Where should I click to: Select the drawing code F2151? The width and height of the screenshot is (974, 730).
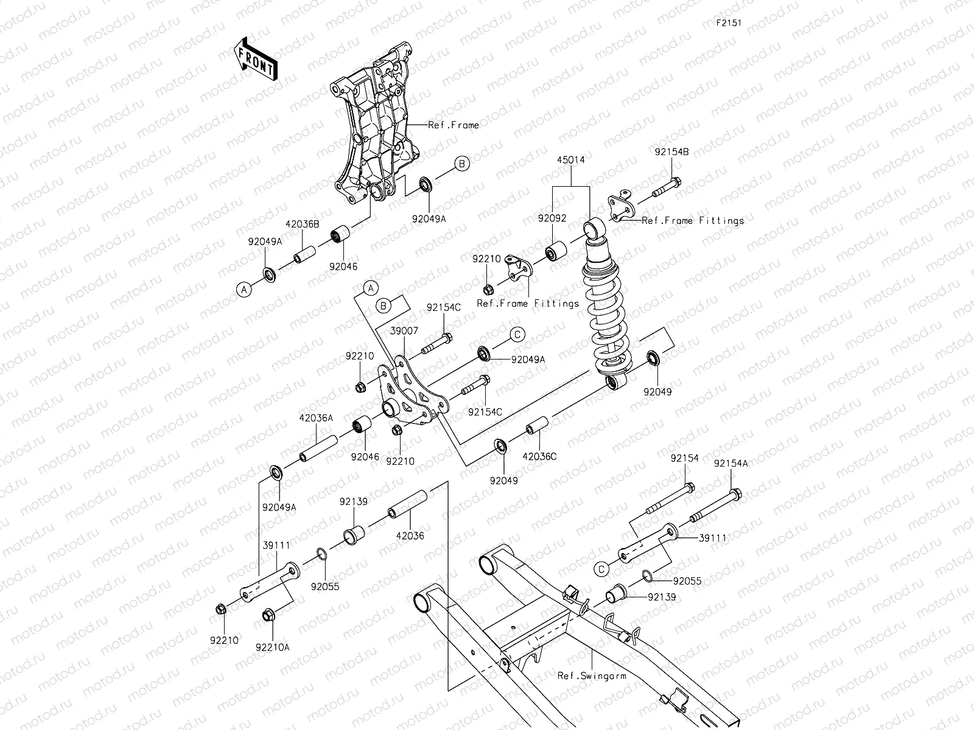coord(728,23)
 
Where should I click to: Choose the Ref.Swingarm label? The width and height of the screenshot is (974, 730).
coord(592,675)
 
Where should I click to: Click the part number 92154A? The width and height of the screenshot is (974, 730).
coord(730,463)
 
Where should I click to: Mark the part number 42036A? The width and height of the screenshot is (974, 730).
coord(316,418)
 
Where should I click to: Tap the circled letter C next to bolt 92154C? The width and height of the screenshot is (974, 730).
coord(517,334)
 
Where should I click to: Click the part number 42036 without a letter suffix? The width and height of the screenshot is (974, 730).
coord(410,536)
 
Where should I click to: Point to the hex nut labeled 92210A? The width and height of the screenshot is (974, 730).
coord(267,616)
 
